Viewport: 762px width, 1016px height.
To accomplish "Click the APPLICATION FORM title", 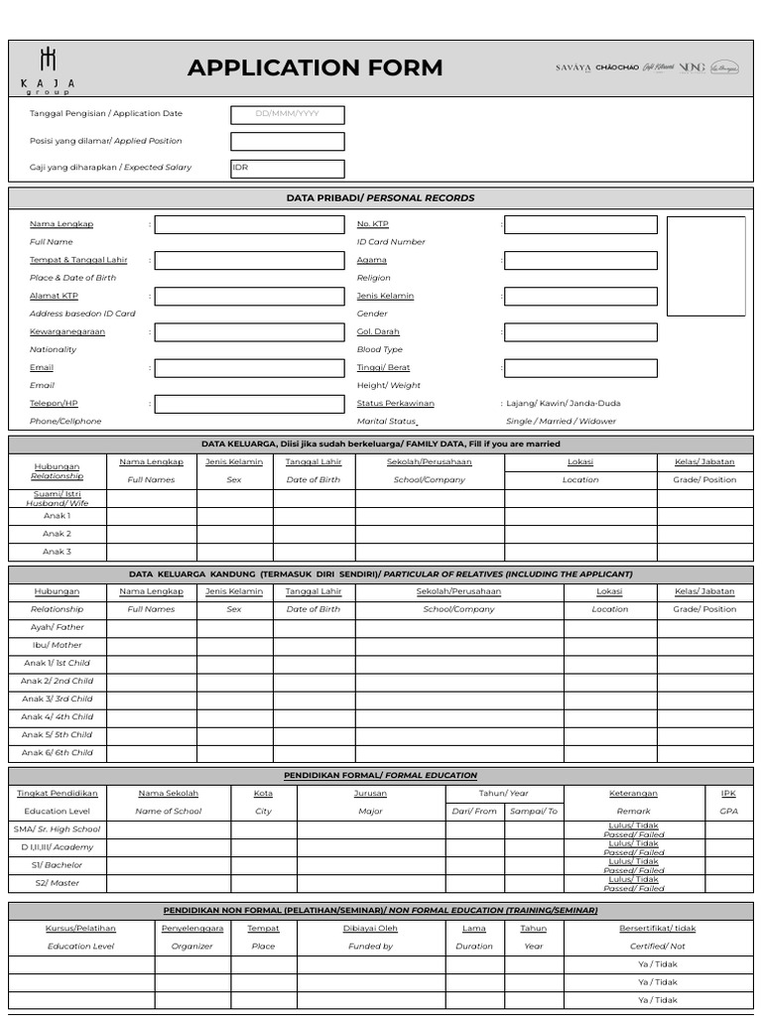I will pos(315,68).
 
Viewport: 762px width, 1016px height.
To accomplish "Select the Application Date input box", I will pos(288,114).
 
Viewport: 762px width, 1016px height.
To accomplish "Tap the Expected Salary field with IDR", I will pos(288,169).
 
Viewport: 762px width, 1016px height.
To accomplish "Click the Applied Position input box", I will pos(288,142).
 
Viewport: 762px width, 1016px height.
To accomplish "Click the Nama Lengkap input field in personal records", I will pos(249,225).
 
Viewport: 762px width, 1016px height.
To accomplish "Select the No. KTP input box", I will pos(580,225).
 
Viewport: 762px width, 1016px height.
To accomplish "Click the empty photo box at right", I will pos(705,266).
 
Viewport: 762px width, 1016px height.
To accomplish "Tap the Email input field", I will pos(249,368).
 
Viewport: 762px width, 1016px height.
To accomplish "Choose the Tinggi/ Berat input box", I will pos(580,368).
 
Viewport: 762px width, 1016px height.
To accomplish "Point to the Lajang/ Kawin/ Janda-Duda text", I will pos(564,404).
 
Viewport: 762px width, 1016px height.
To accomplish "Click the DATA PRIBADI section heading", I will pos(380,198).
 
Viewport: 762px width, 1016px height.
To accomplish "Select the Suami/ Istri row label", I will pos(57,498).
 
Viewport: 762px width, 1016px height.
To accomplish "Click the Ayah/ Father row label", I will pos(58,627).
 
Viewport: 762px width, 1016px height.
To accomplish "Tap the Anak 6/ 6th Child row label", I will pos(58,752).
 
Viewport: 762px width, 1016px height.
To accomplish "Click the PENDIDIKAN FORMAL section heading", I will pos(380,775).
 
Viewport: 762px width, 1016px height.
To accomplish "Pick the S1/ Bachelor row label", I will pos(58,865).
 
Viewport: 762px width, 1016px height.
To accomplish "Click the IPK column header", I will pos(728,793).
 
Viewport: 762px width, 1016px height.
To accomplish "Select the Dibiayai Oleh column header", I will pos(370,929).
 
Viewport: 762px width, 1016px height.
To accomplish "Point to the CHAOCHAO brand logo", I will pos(617,67).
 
